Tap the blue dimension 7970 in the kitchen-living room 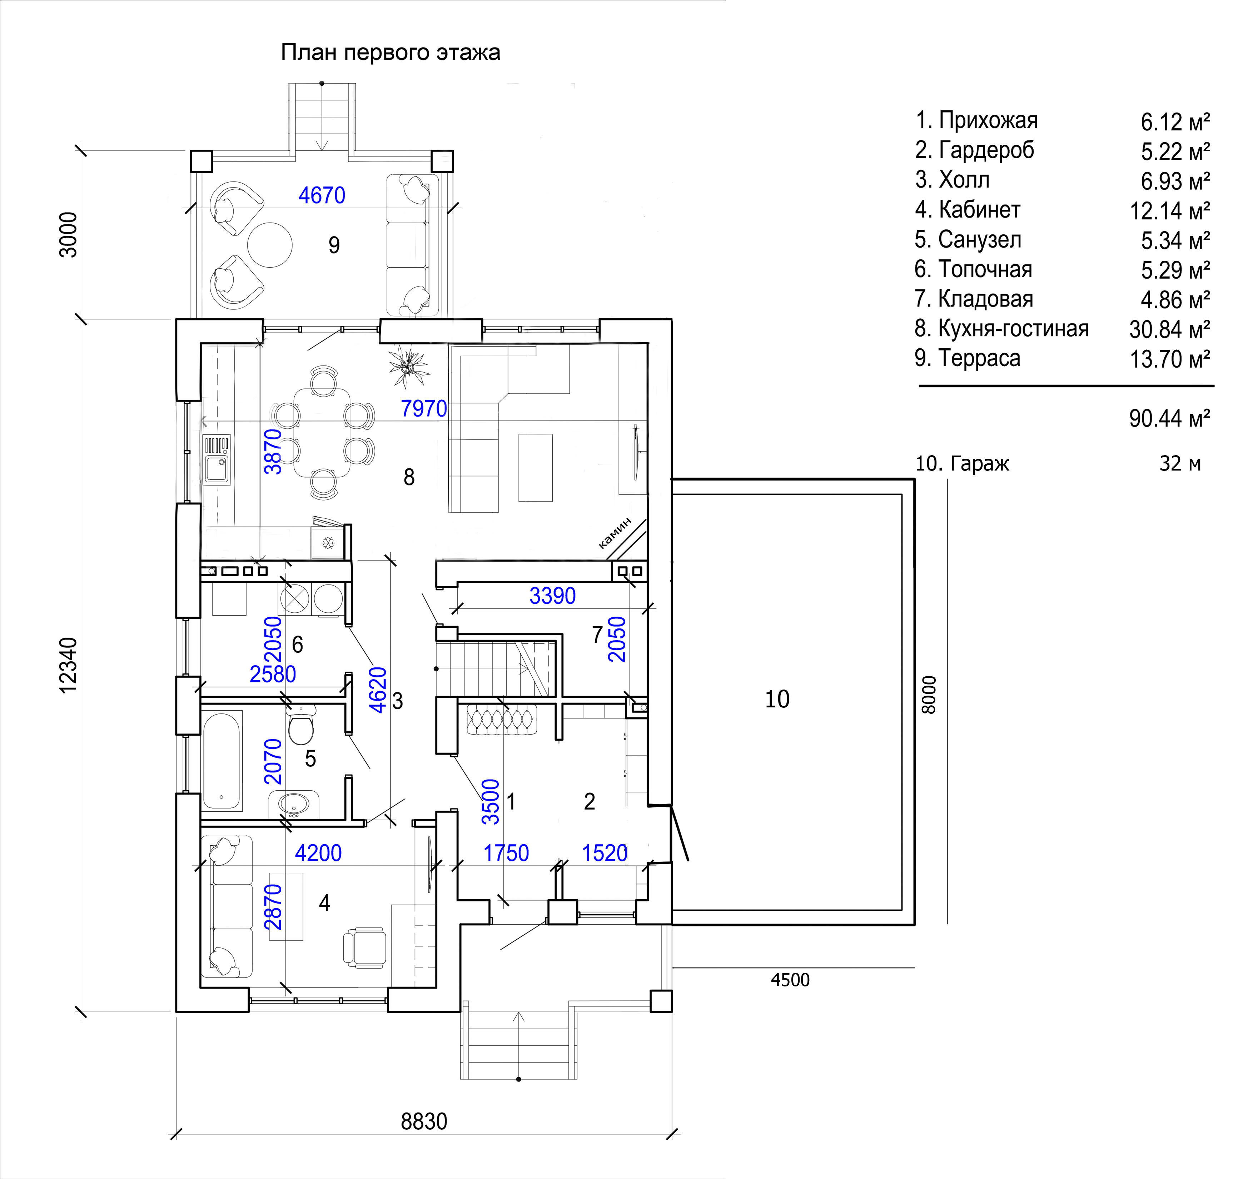click(x=423, y=408)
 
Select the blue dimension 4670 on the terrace click(x=322, y=195)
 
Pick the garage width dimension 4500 click(x=790, y=980)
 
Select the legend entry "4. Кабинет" click(x=967, y=209)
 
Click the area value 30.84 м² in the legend click(x=1169, y=329)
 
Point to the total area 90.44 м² click(x=1169, y=418)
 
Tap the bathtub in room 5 click(x=222, y=760)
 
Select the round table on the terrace click(x=270, y=245)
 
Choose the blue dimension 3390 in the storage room click(x=552, y=596)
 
